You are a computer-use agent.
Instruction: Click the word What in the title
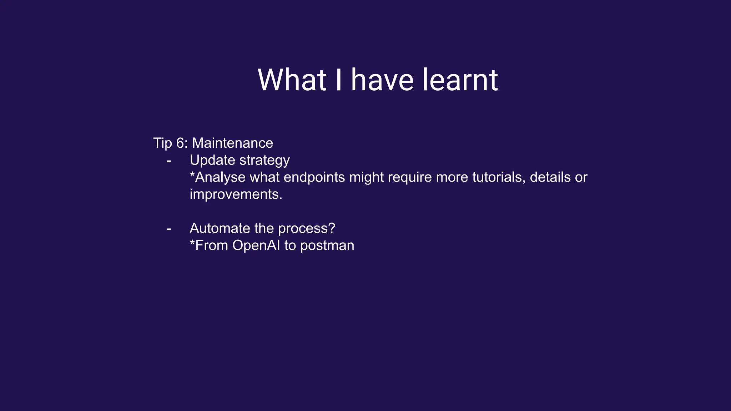292,80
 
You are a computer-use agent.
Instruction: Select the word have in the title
382,80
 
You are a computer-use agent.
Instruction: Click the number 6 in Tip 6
180,143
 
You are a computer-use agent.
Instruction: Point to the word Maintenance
232,143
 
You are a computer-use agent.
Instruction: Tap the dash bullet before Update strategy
169,161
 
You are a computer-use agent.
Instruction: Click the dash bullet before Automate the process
169,229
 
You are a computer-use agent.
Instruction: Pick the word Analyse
220,177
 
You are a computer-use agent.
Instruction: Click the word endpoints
314,177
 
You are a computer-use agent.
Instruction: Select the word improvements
236,194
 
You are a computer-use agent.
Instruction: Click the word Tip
162,143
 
